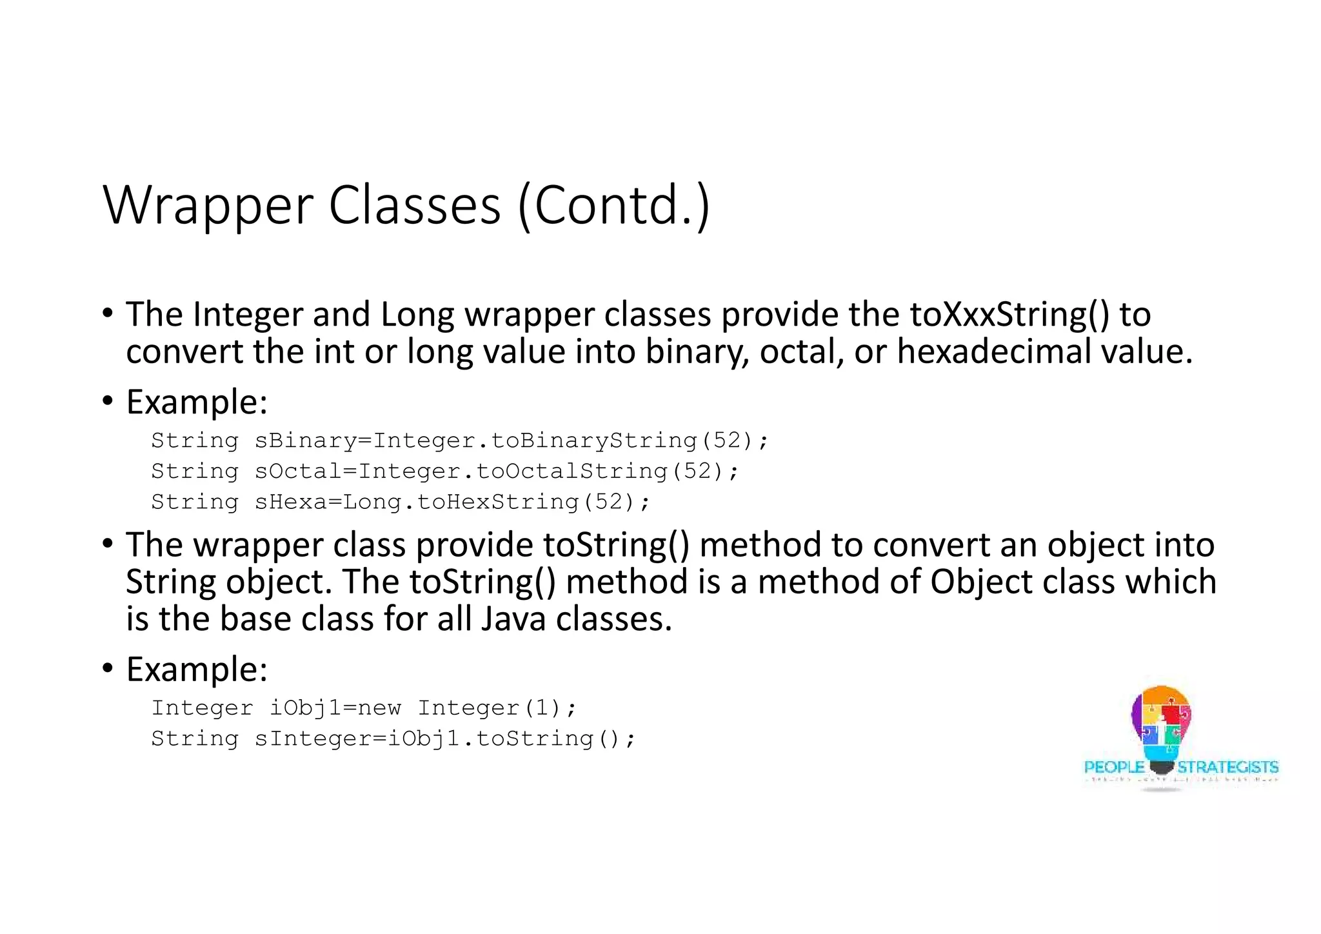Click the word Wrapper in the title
coord(208,206)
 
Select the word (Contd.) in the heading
coord(613,206)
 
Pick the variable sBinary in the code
coord(305,441)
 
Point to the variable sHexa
coord(290,502)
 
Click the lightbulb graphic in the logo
coord(1161,726)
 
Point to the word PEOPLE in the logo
coord(1114,768)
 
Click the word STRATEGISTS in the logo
coord(1227,768)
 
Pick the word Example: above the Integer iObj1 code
coord(197,669)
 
